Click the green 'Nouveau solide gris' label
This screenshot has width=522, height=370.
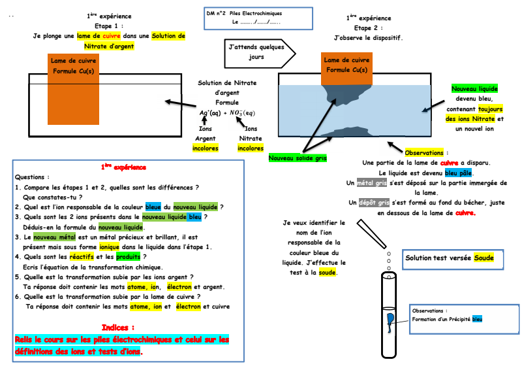297,158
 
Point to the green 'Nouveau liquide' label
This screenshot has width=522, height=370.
474,88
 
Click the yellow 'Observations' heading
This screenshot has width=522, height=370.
423,152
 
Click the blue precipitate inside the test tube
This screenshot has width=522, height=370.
390,318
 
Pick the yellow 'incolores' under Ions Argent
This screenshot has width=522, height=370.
206,148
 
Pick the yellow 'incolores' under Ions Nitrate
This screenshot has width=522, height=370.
251,148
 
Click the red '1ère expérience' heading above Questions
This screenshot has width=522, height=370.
124,167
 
